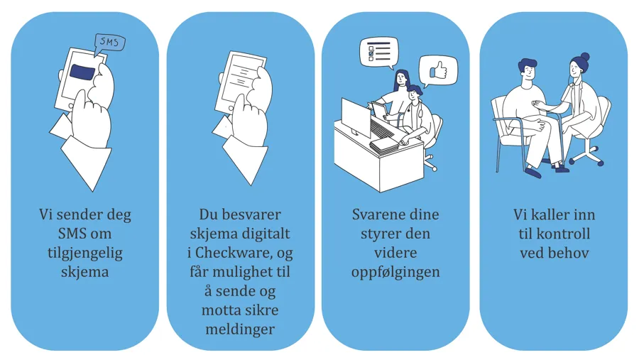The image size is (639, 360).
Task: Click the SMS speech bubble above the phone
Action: click(109, 43)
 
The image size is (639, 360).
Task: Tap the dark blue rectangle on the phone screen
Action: click(83, 72)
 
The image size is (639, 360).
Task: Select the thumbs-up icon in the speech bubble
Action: click(438, 70)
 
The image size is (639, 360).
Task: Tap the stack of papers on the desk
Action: click(384, 145)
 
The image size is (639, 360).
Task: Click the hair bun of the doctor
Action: click(585, 56)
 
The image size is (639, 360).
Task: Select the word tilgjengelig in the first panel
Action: click(85, 253)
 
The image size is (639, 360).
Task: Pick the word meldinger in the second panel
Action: click(240, 329)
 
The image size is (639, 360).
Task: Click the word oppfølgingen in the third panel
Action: click(395, 273)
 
